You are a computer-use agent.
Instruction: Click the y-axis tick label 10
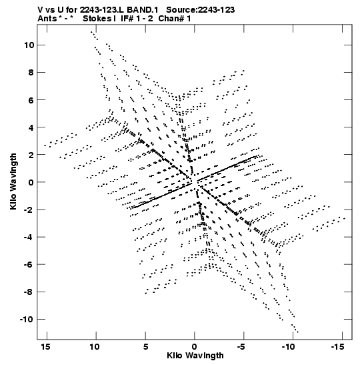pyautogui.click(x=29, y=45)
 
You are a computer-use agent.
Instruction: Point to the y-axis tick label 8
pyautogui.click(x=31, y=72)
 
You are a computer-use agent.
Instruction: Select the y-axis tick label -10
pyautogui.click(x=27, y=319)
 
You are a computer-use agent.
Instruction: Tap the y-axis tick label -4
pyautogui.click(x=29, y=237)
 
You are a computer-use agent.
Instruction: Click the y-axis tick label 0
pyautogui.click(x=31, y=182)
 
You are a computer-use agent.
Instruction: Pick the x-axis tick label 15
pyautogui.click(x=45, y=347)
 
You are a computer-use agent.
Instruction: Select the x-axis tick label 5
pyautogui.click(x=145, y=347)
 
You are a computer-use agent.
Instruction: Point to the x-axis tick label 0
pyautogui.click(x=195, y=347)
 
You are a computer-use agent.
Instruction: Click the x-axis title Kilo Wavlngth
pyautogui.click(x=195, y=356)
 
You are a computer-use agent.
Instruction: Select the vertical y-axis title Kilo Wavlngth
pyautogui.click(x=13, y=181)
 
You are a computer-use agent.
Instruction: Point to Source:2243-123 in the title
pyautogui.click(x=201, y=10)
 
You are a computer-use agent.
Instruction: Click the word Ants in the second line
pyautogui.click(x=47, y=19)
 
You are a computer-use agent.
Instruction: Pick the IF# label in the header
pyautogui.click(x=127, y=19)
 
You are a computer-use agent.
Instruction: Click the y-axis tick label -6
pyautogui.click(x=29, y=264)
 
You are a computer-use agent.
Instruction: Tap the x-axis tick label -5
pyautogui.click(x=241, y=347)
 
